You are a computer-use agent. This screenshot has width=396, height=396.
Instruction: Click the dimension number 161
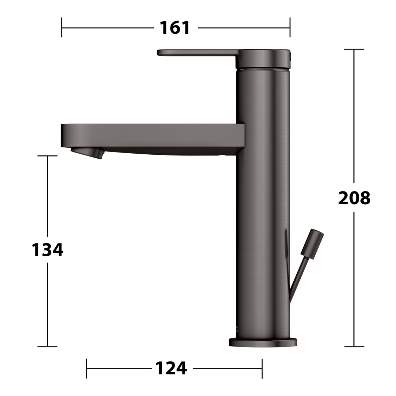(175, 27)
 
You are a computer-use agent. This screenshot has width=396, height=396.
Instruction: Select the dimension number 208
(354, 198)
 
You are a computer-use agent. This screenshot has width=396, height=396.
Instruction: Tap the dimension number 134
(47, 250)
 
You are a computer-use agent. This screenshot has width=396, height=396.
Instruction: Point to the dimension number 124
(171, 368)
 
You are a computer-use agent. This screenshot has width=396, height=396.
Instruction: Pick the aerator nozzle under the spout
(87, 153)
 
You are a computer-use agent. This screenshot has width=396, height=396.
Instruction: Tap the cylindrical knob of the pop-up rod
(312, 244)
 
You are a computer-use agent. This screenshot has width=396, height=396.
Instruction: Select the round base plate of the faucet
(263, 342)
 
